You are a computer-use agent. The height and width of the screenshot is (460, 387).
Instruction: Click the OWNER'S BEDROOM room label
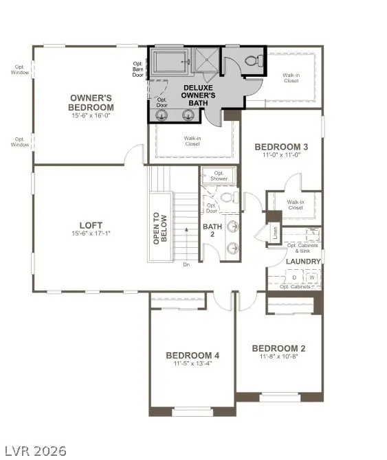pyautogui.click(x=91, y=103)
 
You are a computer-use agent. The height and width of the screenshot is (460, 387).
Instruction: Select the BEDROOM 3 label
pyautogui.click(x=280, y=146)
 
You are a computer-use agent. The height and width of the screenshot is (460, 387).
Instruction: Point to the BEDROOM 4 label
pyautogui.click(x=192, y=355)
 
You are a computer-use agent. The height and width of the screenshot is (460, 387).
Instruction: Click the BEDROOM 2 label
pyautogui.click(x=278, y=348)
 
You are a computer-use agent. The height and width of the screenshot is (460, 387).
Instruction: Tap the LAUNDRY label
pyautogui.click(x=303, y=262)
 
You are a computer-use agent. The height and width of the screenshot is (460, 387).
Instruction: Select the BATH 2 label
pyautogui.click(x=212, y=230)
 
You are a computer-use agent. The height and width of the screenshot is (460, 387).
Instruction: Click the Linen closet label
pyautogui.click(x=275, y=233)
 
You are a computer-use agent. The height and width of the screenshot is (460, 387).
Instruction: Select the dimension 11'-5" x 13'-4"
pyautogui.click(x=192, y=364)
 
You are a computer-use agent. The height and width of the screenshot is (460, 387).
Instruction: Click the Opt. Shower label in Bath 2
pyautogui.click(x=220, y=176)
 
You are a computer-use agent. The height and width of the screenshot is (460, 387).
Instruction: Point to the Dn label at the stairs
pyautogui.click(x=186, y=264)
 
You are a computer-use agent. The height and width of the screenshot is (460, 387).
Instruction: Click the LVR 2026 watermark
pyautogui.click(x=34, y=450)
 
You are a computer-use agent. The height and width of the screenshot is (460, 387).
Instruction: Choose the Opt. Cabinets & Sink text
pyautogui.click(x=302, y=249)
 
